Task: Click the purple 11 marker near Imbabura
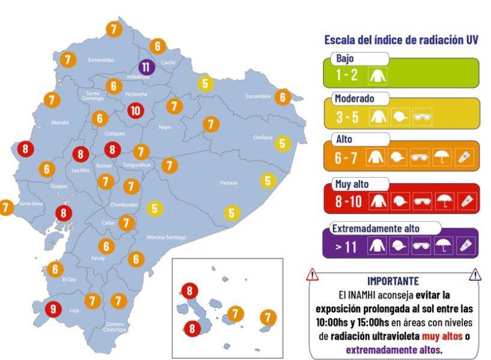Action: click(x=146, y=67)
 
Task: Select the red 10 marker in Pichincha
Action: click(x=136, y=110)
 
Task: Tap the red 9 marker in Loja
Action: click(x=53, y=309)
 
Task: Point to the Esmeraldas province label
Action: click(x=101, y=60)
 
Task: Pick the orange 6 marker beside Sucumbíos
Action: click(x=283, y=97)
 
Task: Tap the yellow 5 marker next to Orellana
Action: click(x=282, y=143)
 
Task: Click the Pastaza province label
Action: click(x=228, y=182)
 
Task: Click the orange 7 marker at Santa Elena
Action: click(x=6, y=207)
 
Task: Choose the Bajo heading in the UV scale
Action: click(x=345, y=59)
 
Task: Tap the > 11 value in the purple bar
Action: click(x=348, y=246)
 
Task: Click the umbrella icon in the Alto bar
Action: click(x=441, y=158)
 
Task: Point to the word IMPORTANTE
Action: click(x=393, y=281)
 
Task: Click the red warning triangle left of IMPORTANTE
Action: click(x=312, y=275)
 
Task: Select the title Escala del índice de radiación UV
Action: click(x=401, y=40)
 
